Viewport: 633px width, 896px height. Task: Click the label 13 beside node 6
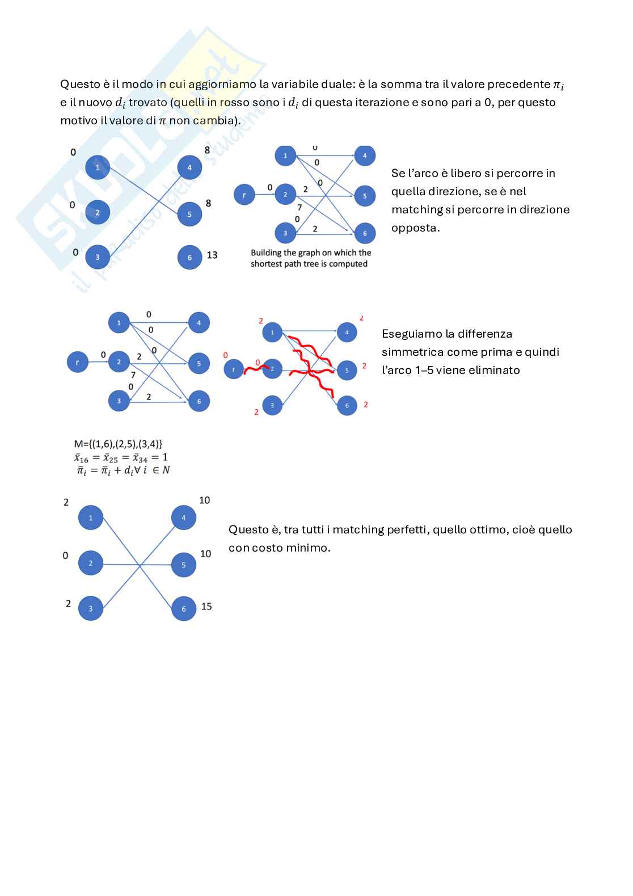[212, 255]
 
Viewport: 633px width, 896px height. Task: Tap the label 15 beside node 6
[206, 607]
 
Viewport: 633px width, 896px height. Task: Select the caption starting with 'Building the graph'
[310, 258]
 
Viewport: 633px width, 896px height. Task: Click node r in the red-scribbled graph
[234, 370]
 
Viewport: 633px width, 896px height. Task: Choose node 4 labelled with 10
[184, 518]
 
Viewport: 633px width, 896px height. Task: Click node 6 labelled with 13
[189, 258]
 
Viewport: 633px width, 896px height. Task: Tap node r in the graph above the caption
[244, 195]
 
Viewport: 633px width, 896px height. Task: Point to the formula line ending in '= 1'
[121, 457]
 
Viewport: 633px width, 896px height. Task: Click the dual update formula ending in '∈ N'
[123, 470]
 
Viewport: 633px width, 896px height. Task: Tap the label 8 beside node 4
[207, 150]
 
